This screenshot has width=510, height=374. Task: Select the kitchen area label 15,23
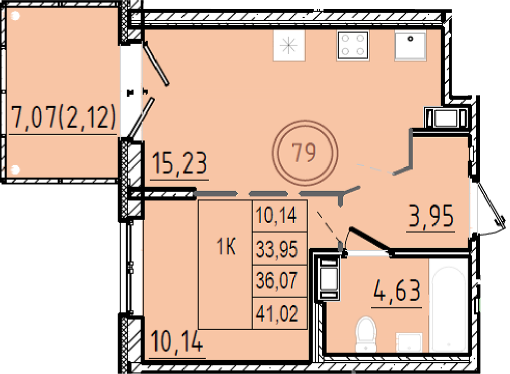click(x=179, y=163)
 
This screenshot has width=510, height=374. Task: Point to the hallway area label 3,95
click(x=430, y=216)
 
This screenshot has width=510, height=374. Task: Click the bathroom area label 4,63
click(x=397, y=291)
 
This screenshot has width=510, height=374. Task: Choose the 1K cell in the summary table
click(x=226, y=247)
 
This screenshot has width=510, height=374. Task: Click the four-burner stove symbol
click(x=352, y=45)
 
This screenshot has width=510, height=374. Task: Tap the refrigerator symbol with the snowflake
click(x=289, y=45)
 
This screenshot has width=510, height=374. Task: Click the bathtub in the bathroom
click(x=449, y=305)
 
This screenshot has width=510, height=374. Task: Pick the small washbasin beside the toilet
click(x=408, y=342)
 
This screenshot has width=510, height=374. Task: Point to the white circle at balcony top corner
click(x=15, y=15)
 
